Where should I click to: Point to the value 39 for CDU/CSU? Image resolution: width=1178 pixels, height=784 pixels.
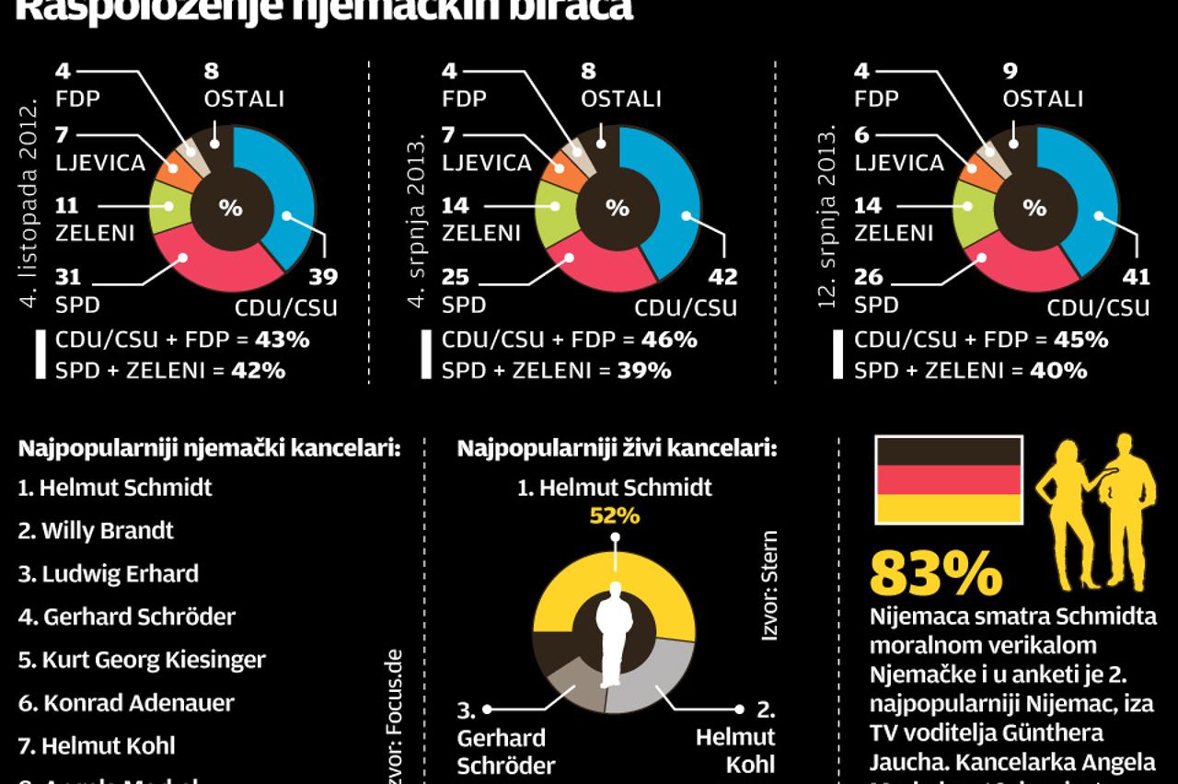(x=323, y=276)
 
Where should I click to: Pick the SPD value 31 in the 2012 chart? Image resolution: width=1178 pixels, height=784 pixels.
(x=69, y=276)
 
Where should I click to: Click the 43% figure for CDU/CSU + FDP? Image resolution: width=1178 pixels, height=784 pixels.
(x=283, y=339)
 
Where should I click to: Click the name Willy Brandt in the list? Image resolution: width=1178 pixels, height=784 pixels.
(x=96, y=530)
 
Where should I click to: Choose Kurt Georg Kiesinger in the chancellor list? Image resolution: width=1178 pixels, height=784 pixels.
(x=142, y=660)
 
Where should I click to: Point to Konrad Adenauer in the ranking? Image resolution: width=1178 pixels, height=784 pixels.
(x=126, y=703)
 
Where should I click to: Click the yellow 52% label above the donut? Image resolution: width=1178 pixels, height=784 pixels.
(x=614, y=515)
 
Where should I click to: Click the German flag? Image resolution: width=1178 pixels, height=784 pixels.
(x=948, y=479)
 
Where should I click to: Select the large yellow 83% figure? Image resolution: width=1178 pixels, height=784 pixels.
(x=936, y=574)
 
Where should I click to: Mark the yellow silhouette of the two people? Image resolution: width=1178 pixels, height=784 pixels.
(x=1095, y=511)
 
